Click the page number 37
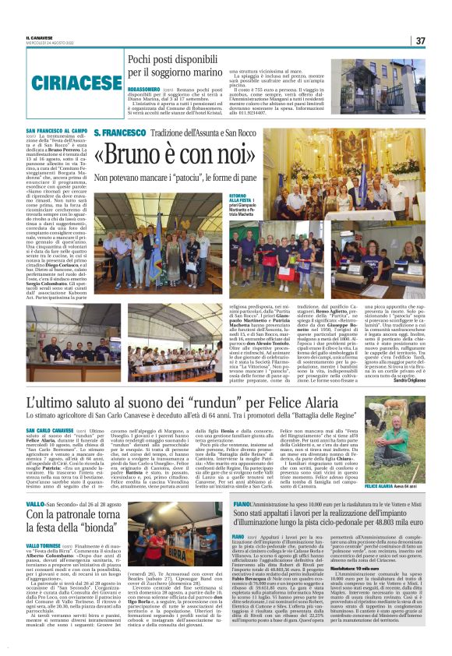pyautogui.click(x=420, y=41)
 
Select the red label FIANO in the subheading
pyautogui.click(x=220, y=505)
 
